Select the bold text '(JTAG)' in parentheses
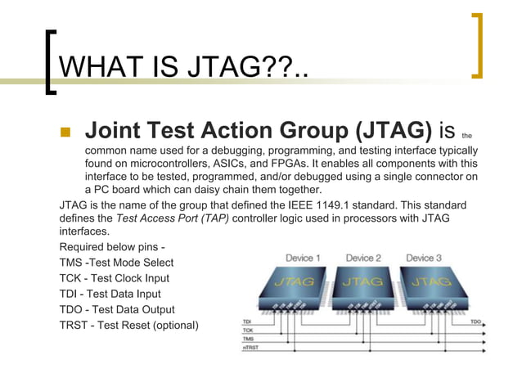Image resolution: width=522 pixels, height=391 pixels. (x=389, y=130)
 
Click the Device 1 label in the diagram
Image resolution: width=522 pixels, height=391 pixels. (x=303, y=258)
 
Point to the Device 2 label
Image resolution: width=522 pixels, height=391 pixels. (x=363, y=258)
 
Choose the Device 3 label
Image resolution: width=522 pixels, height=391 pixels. (x=424, y=258)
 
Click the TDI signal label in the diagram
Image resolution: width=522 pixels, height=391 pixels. (x=246, y=321)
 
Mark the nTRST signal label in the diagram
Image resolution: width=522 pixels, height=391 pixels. (x=250, y=348)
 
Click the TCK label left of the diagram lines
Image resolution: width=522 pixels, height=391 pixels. (x=247, y=330)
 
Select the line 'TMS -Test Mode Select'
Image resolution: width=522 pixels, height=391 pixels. (x=116, y=263)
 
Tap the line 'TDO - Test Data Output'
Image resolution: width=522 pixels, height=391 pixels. (x=117, y=309)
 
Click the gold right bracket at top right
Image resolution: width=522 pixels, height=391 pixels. (x=477, y=45)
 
